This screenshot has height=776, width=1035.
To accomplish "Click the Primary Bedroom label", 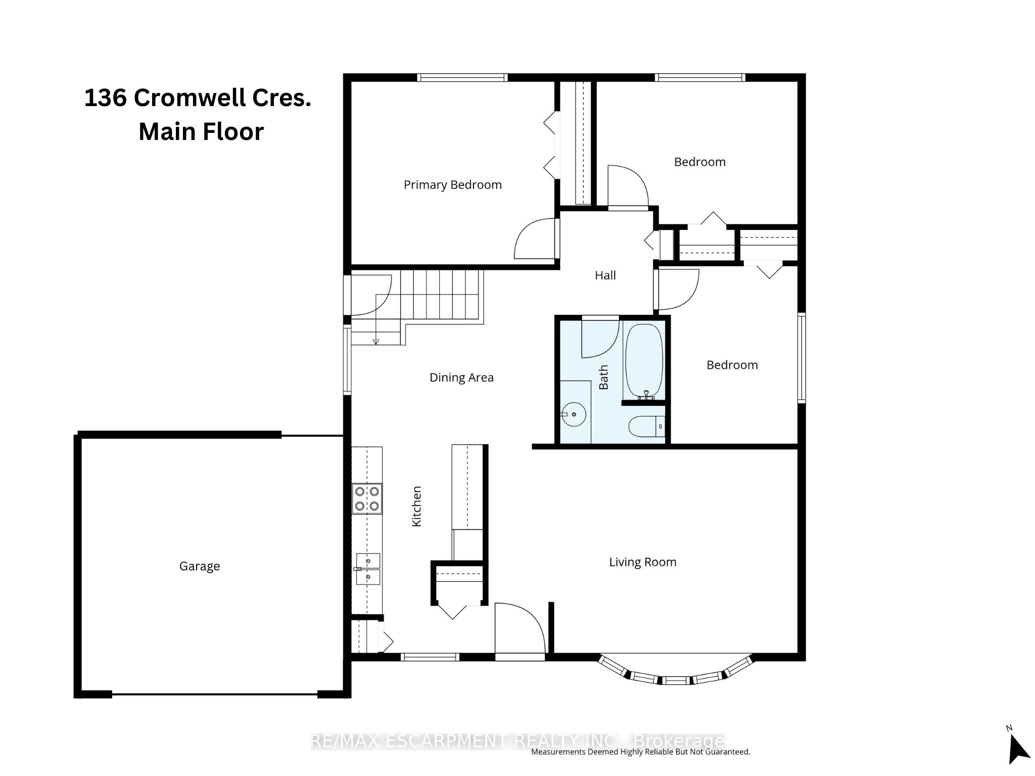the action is (452, 185).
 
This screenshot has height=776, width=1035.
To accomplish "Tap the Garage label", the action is (200, 566).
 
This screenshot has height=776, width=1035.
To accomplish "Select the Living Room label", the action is (642, 562).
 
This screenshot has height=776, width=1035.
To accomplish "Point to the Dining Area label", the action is (461, 378).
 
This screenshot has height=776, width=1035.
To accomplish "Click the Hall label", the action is (605, 275).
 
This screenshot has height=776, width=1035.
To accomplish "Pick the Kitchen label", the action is (416, 506).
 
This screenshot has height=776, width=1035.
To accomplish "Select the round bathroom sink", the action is (574, 415).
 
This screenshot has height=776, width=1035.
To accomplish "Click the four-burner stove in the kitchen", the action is (367, 499).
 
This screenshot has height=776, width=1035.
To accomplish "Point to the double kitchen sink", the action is (368, 569).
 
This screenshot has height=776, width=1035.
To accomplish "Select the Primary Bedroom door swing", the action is (536, 238).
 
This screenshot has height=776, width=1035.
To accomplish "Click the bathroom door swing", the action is (600, 337).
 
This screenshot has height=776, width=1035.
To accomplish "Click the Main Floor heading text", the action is (201, 131).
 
